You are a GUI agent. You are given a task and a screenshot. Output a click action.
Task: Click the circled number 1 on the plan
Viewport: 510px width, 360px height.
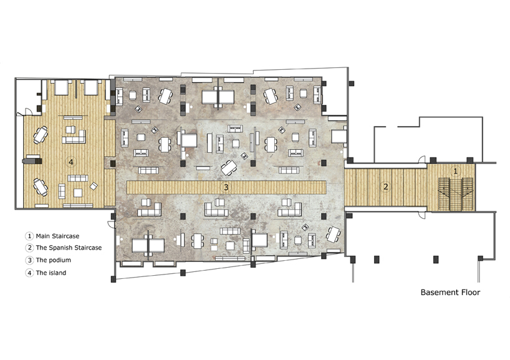click(455, 171)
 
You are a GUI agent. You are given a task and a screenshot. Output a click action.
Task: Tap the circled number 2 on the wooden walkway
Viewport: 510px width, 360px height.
click(386, 187)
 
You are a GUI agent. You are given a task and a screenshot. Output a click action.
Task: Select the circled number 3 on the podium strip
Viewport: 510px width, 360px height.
click(226, 187)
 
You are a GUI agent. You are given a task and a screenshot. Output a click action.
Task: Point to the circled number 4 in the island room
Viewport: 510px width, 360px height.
click(71, 162)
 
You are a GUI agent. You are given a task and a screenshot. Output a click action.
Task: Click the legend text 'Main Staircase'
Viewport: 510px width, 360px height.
click(57, 236)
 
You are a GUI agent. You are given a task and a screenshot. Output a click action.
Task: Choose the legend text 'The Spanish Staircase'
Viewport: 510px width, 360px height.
click(69, 248)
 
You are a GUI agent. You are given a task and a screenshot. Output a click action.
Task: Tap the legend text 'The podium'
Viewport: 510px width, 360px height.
click(54, 260)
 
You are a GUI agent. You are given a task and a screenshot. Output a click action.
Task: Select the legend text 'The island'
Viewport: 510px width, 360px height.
click(51, 273)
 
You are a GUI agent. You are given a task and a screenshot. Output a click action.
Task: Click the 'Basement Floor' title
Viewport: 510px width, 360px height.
click(450, 292)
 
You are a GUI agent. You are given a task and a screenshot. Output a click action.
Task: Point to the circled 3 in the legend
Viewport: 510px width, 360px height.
click(29, 260)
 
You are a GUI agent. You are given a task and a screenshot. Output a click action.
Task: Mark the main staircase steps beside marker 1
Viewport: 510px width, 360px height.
click(455, 194)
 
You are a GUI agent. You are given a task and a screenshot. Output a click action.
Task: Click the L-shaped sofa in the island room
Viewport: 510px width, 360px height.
click(74, 137)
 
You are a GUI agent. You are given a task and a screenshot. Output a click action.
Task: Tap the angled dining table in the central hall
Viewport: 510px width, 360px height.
click(229, 167)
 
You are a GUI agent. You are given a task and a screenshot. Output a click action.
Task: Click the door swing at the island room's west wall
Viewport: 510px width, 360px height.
click(29, 111)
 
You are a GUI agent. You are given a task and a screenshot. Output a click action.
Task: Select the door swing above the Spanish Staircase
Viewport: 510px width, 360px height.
click(422, 159)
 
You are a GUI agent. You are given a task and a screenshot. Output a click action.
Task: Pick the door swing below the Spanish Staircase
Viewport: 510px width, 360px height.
click(422, 215)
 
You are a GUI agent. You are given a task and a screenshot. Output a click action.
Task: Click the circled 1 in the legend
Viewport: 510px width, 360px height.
click(29, 236)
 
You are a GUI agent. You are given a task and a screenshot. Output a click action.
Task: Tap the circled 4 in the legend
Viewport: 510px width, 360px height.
click(29, 273)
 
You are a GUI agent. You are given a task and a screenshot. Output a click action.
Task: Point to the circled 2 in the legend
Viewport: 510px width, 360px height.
click(29, 248)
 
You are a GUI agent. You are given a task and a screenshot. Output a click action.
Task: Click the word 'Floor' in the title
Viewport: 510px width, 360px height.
click(469, 292)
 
